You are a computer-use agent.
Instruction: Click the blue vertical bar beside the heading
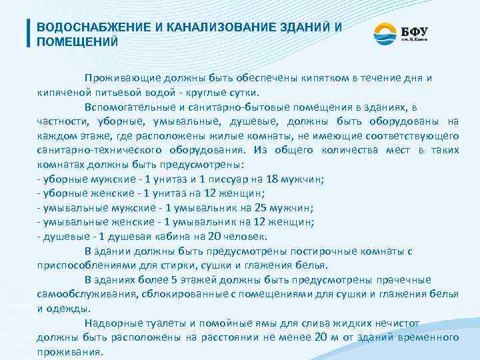click(29, 33)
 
